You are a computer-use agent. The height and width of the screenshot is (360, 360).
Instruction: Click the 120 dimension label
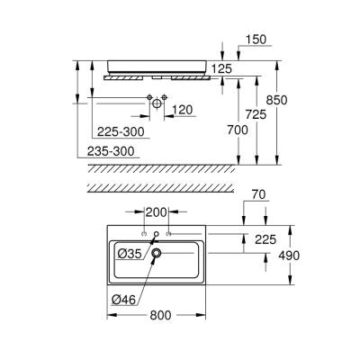pos(183,110)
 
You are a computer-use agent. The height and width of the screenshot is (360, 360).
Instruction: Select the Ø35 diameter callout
pos(131,254)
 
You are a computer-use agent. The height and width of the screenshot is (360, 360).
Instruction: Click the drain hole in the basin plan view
pos(157,254)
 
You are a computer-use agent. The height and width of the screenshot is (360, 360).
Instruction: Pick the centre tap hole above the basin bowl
pos(157,235)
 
